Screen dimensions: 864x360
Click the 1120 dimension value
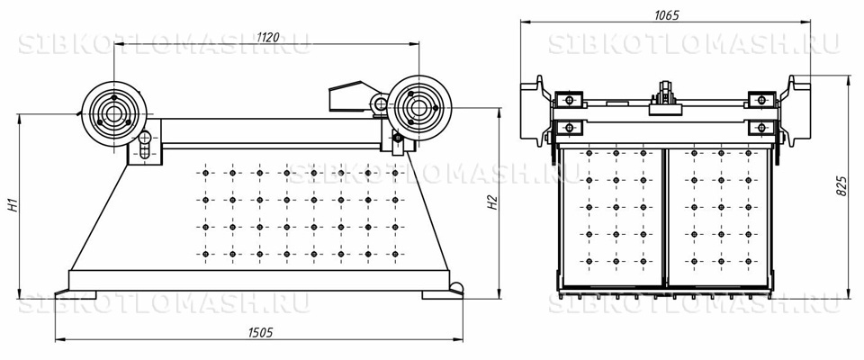pyautogui.click(x=268, y=37)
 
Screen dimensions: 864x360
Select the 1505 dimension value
pyautogui.click(x=260, y=332)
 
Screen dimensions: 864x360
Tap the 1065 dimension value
pyautogui.click(x=666, y=15)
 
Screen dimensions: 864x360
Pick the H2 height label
pyautogui.click(x=493, y=202)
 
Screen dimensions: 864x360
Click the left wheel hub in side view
pyautogui.click(x=114, y=113)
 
